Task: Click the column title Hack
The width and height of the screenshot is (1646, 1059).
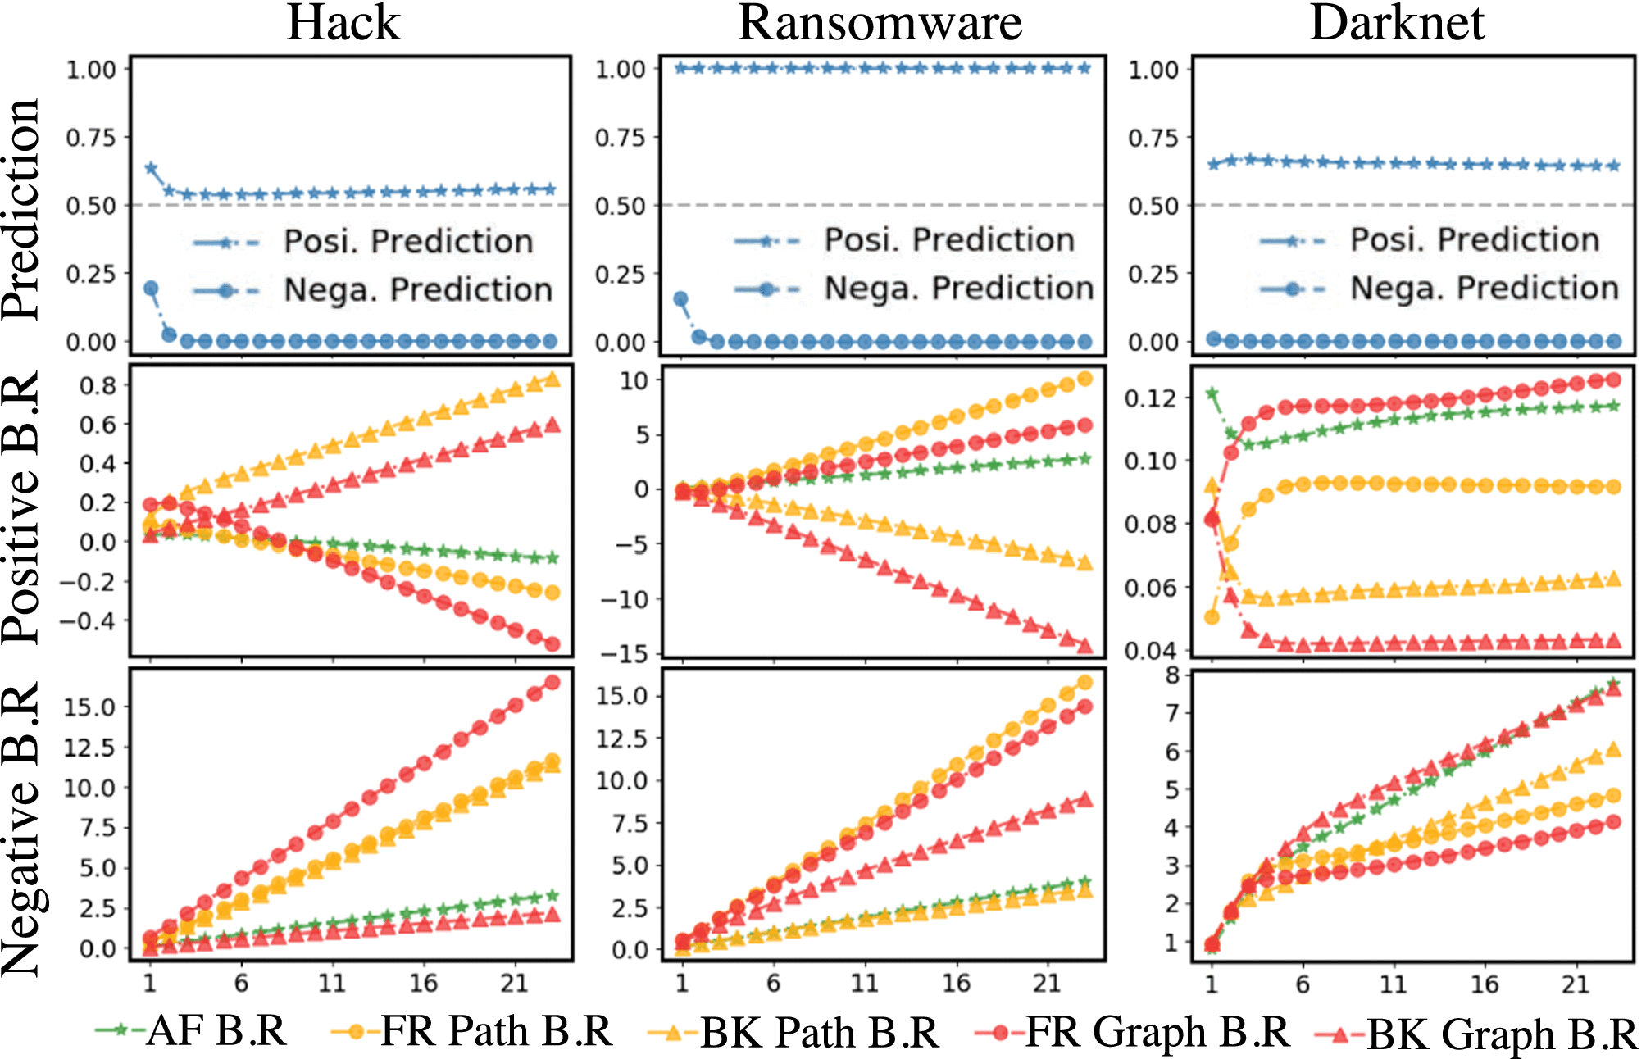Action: (343, 23)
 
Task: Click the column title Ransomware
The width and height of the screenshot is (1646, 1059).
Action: (880, 23)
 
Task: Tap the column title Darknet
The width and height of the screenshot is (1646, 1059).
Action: (1397, 23)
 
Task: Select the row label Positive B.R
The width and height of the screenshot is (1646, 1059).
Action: (21, 508)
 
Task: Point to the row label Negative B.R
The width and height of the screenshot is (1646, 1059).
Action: (21, 828)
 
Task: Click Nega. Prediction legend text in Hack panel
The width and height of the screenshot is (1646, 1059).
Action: (418, 290)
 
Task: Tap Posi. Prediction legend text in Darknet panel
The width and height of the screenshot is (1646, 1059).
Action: (1475, 240)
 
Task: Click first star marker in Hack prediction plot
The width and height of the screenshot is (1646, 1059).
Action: (151, 168)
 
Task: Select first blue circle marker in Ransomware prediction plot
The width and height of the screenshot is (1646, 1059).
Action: (681, 299)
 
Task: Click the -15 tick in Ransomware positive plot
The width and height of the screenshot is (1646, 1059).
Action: (623, 653)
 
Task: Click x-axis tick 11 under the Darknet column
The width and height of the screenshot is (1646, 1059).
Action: (1393, 984)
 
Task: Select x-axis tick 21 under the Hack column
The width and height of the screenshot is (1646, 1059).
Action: (514, 983)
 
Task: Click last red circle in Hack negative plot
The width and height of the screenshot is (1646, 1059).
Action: (552, 682)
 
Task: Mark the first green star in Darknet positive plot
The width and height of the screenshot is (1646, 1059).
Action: (1212, 393)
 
